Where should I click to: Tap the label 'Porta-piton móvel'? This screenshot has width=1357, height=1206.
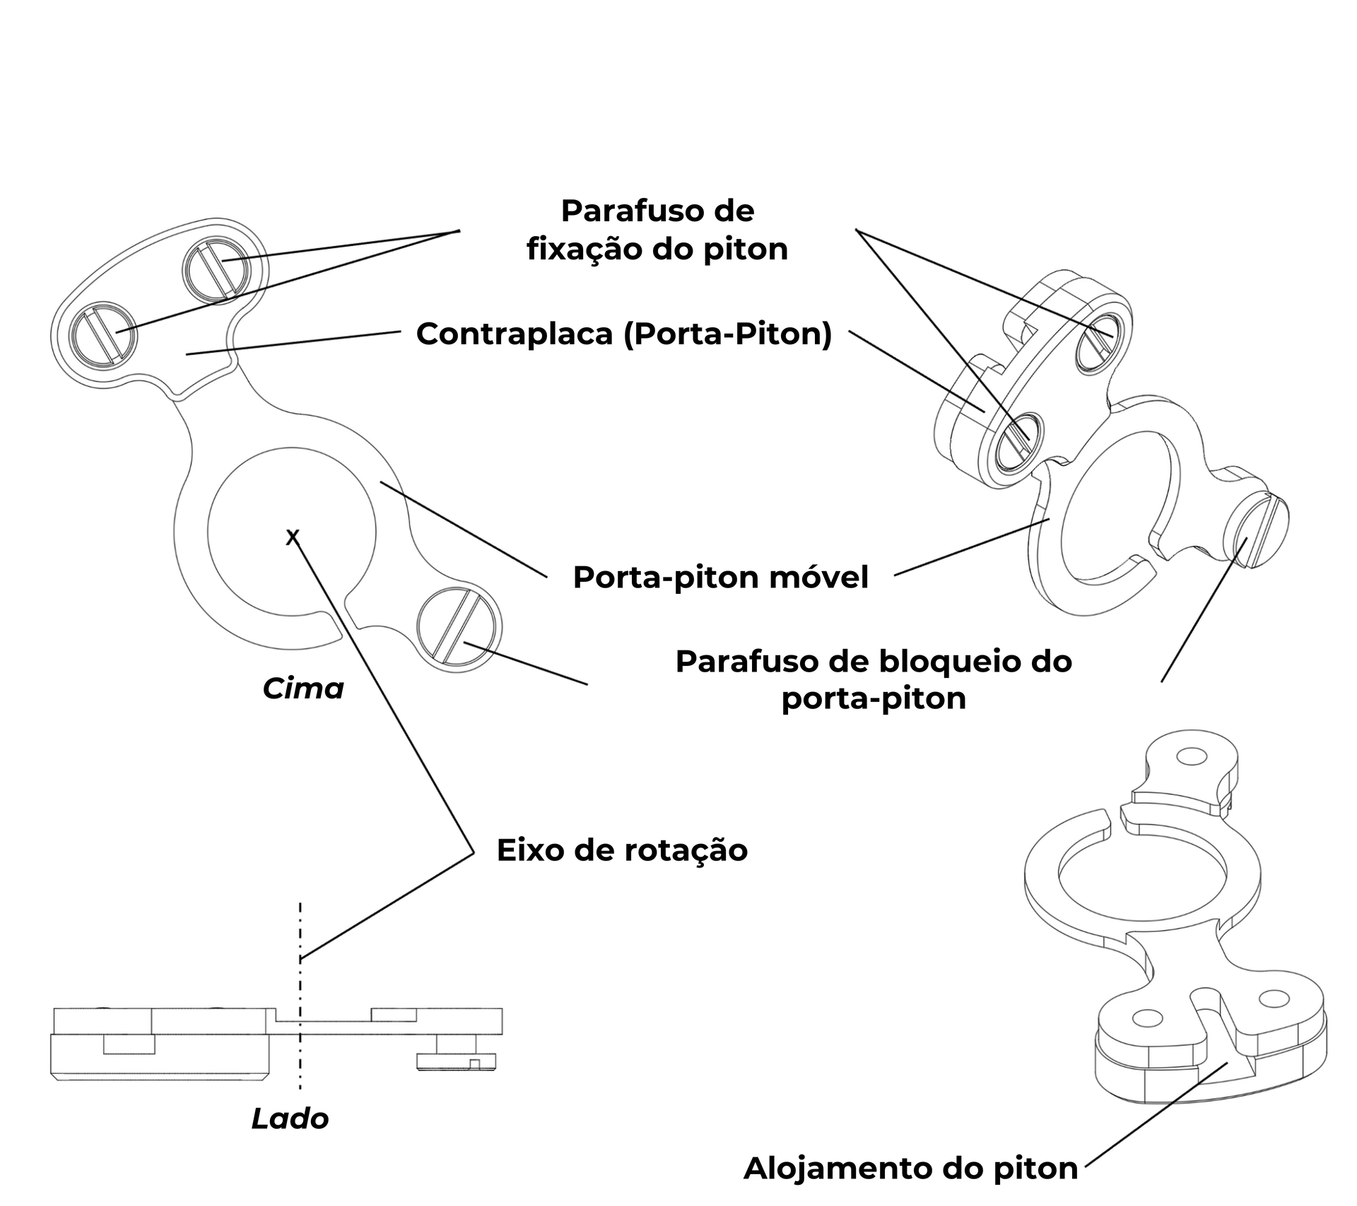[720, 578]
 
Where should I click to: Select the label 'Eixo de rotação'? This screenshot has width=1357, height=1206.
[622, 850]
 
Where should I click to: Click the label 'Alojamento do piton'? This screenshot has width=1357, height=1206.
[910, 1168]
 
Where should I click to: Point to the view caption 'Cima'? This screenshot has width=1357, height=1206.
[303, 689]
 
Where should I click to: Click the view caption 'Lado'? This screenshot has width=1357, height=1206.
[290, 1119]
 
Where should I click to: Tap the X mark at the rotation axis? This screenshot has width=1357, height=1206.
[293, 538]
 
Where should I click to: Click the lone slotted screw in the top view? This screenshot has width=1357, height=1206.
[459, 626]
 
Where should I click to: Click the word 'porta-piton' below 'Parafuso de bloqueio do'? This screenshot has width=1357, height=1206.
[874, 699]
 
